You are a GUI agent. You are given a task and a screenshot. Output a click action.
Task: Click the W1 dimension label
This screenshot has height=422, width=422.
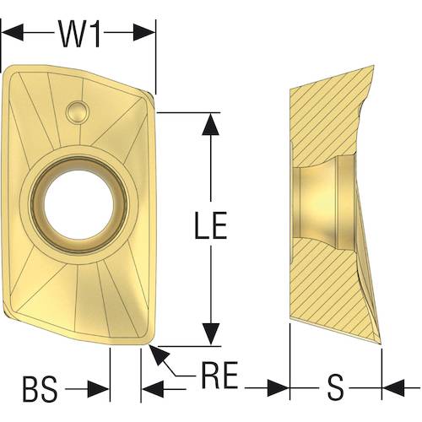(x=79, y=34)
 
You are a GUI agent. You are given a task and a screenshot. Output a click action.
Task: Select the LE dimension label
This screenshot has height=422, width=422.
(x=211, y=225)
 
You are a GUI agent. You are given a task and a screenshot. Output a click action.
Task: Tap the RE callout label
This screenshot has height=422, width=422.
(x=219, y=376)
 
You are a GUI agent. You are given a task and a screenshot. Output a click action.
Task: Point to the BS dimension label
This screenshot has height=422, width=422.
(x=40, y=390)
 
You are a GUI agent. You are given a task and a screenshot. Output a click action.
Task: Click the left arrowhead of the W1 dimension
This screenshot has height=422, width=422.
(x=13, y=32)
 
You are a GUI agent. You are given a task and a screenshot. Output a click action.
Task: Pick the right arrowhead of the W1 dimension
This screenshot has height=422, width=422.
(x=144, y=32)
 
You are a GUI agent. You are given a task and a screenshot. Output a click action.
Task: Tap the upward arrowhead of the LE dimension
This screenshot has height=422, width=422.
(x=211, y=124)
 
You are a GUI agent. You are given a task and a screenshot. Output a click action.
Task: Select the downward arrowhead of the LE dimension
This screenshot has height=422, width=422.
(x=211, y=334)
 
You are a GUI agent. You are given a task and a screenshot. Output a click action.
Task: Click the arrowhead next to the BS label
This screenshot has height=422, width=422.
(x=98, y=389)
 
